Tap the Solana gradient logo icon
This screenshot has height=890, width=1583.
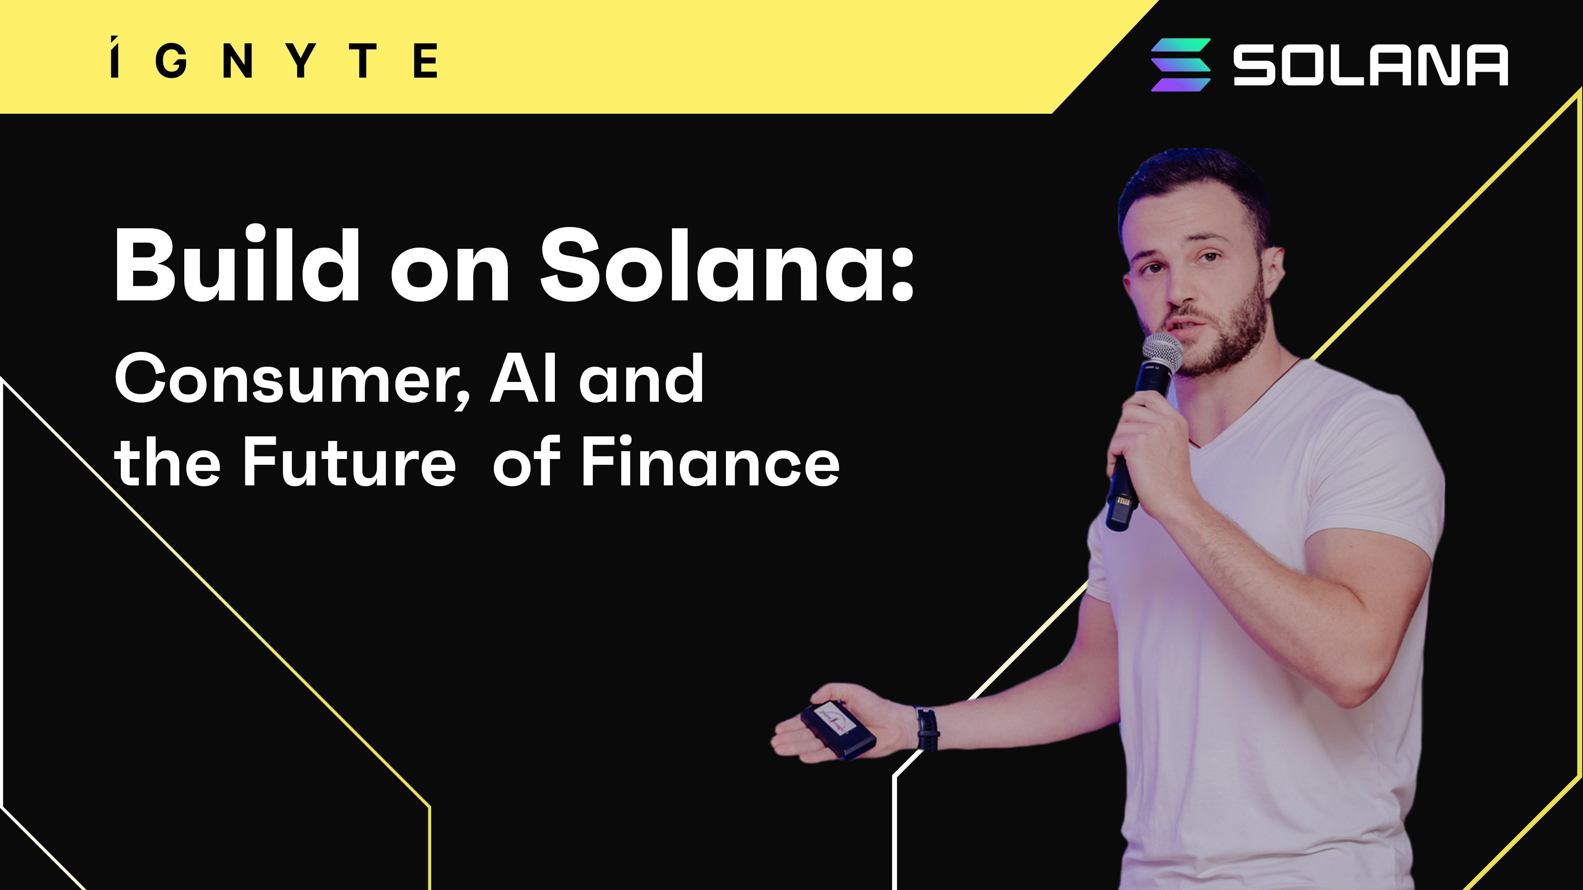click(1181, 65)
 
